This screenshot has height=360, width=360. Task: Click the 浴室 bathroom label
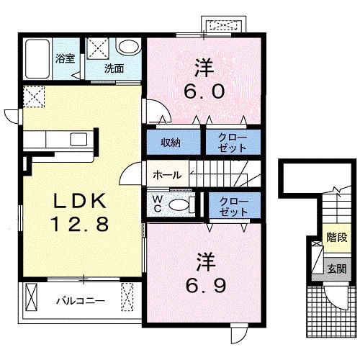(x=66, y=58)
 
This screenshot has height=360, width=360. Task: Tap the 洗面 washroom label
(x=114, y=68)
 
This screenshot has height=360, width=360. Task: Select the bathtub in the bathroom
(x=37, y=59)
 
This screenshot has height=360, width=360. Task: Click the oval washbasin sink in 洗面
(x=128, y=47)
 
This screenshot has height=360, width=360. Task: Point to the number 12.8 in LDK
(x=80, y=224)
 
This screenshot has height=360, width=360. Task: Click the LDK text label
(x=80, y=200)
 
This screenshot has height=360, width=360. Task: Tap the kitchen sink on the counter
(x=78, y=139)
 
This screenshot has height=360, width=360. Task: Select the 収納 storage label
(x=171, y=143)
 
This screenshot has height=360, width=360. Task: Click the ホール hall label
(x=167, y=175)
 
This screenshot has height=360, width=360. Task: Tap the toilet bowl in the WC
(x=179, y=205)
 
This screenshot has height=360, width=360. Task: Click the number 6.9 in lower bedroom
(x=206, y=286)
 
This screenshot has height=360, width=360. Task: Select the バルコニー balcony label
(x=81, y=301)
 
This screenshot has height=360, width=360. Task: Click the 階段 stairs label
(x=337, y=238)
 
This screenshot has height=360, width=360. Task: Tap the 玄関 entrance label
(x=337, y=269)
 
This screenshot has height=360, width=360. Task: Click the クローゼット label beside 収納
(x=233, y=143)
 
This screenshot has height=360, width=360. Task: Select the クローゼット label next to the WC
(x=234, y=207)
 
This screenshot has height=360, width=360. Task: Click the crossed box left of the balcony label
(x=32, y=297)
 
